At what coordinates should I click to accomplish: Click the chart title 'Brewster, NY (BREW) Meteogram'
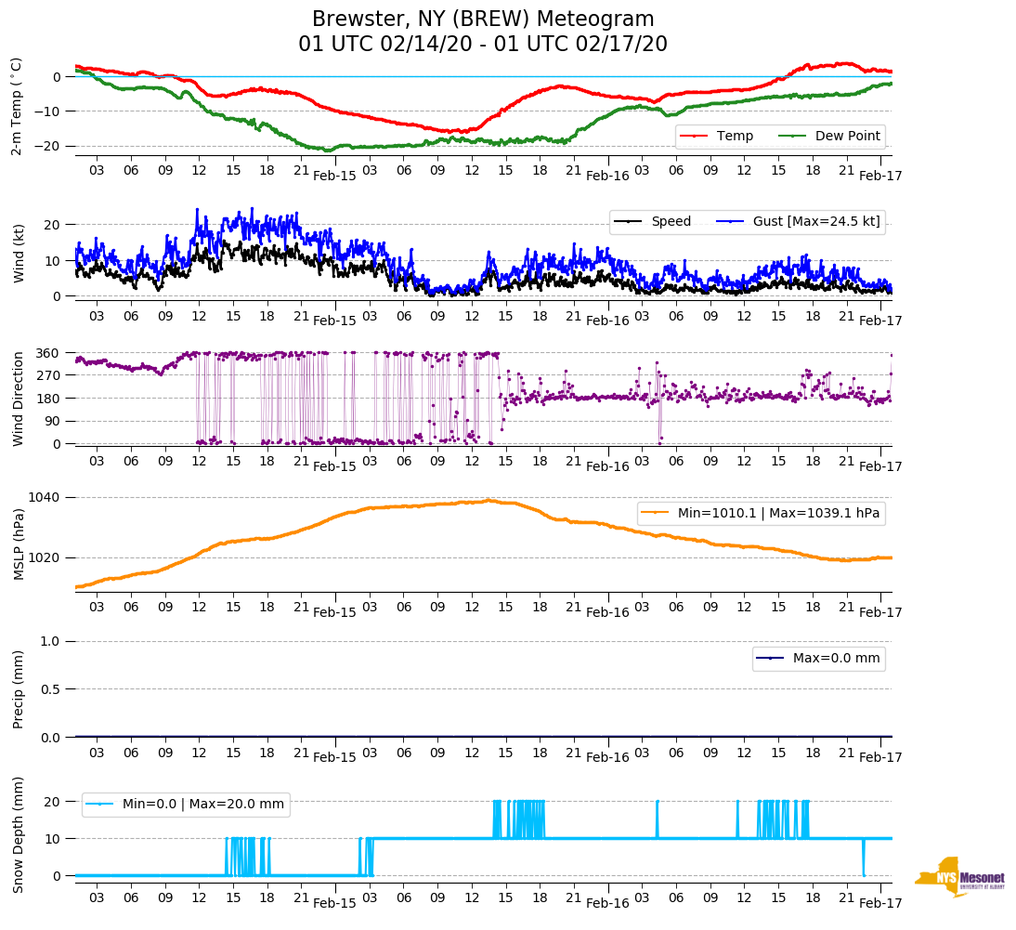coord(483,20)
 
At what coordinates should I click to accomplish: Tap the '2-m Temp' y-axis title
coord(17,106)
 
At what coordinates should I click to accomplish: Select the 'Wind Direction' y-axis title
coord(19,399)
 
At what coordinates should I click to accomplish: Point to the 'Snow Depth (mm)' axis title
coord(19,834)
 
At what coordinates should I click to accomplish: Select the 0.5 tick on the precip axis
coord(51,689)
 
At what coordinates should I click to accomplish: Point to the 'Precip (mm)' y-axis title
coord(19,689)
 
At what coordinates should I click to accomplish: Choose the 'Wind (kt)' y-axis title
coord(19,253)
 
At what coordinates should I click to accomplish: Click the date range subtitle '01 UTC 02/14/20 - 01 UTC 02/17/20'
coord(483,45)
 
